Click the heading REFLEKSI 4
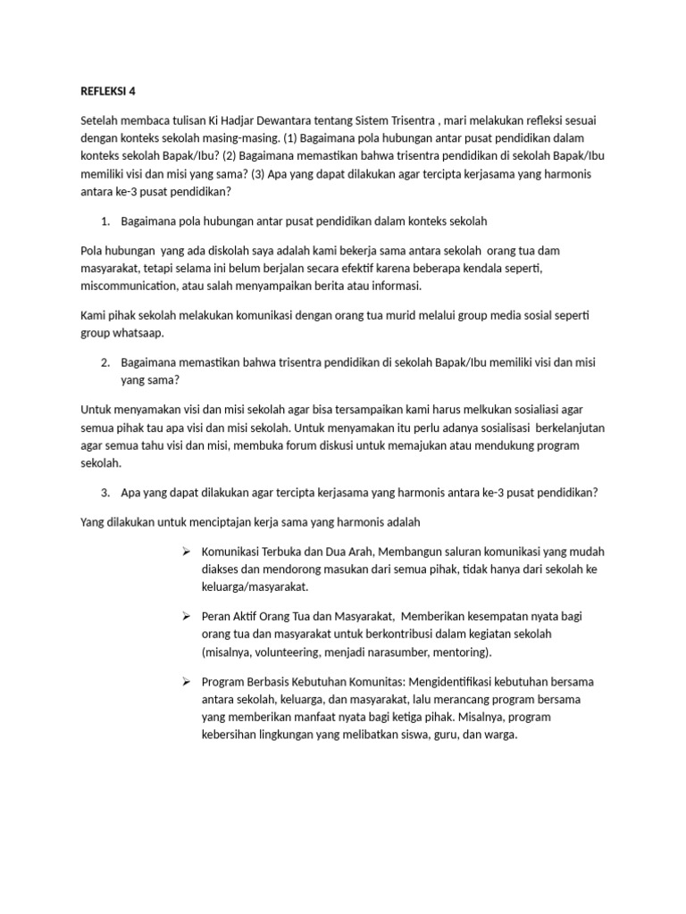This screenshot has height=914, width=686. point(105,90)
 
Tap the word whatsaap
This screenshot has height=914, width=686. point(142,332)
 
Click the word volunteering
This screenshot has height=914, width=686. point(289,652)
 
